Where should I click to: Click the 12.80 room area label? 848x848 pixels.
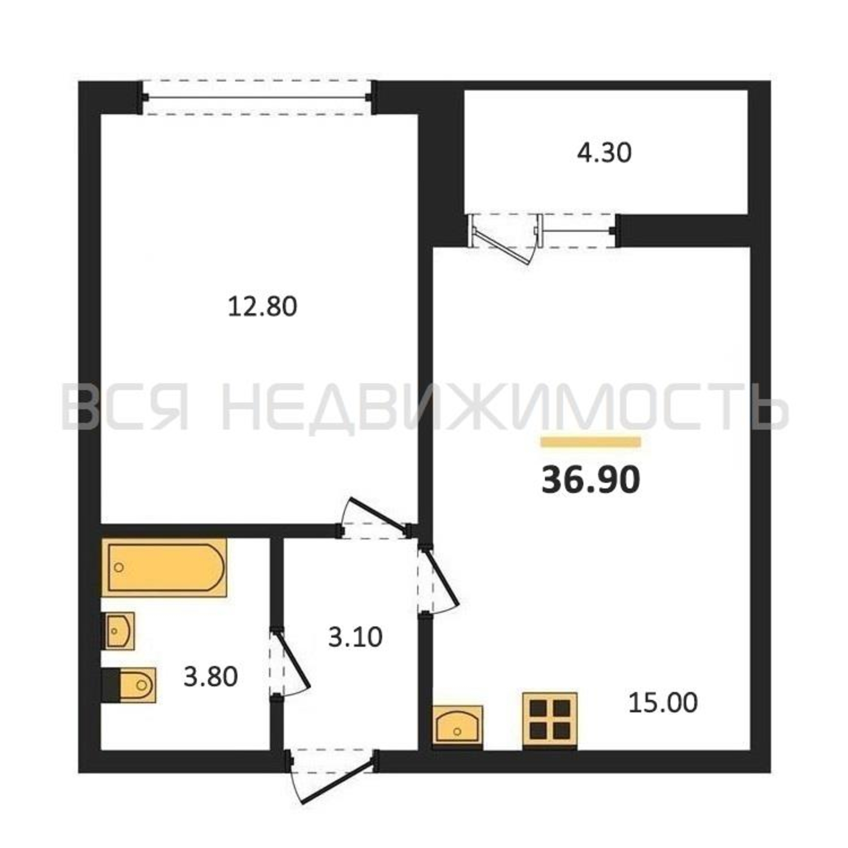[x=262, y=307]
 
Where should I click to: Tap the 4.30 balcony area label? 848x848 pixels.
[x=604, y=153]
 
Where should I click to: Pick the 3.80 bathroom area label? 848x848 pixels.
[x=211, y=676]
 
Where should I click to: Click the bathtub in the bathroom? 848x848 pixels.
[x=164, y=568]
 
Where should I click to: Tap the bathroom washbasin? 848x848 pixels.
[x=118, y=631]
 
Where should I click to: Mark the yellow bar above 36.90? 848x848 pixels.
[x=591, y=442]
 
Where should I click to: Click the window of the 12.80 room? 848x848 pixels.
[x=258, y=98]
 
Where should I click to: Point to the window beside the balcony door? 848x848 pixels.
[x=578, y=230]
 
